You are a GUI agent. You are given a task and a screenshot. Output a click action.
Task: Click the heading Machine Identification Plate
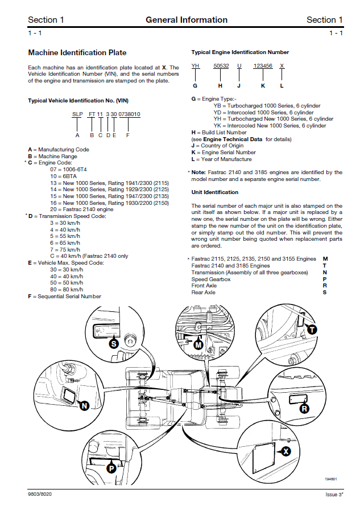click(x=77, y=53)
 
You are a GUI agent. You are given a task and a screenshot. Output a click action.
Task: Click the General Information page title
click(x=187, y=20)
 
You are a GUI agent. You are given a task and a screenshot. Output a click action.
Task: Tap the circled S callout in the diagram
click(x=113, y=344)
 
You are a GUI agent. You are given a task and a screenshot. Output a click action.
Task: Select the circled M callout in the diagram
click(x=198, y=344)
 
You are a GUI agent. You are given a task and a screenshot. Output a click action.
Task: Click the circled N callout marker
click(x=84, y=405)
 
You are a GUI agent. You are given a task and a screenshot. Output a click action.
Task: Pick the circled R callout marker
click(x=304, y=408)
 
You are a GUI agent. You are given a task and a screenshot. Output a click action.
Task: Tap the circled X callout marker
click(x=286, y=451)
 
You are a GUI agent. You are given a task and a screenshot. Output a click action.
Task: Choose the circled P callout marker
click(x=111, y=468)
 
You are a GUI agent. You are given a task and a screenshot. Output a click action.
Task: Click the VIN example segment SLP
click(x=77, y=114)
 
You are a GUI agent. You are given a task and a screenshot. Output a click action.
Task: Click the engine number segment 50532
click(x=221, y=66)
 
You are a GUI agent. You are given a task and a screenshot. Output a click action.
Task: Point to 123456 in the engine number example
click(x=263, y=66)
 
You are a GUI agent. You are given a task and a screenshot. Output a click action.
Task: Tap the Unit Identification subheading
click(x=214, y=192)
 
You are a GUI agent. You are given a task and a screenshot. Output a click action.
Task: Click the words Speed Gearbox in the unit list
click(x=211, y=279)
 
